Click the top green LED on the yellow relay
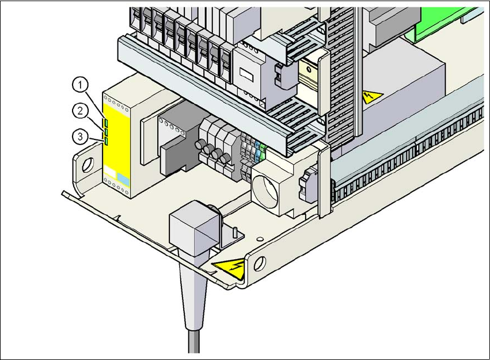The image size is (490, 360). tap(106, 122)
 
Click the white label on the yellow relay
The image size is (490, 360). tap(110, 172)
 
